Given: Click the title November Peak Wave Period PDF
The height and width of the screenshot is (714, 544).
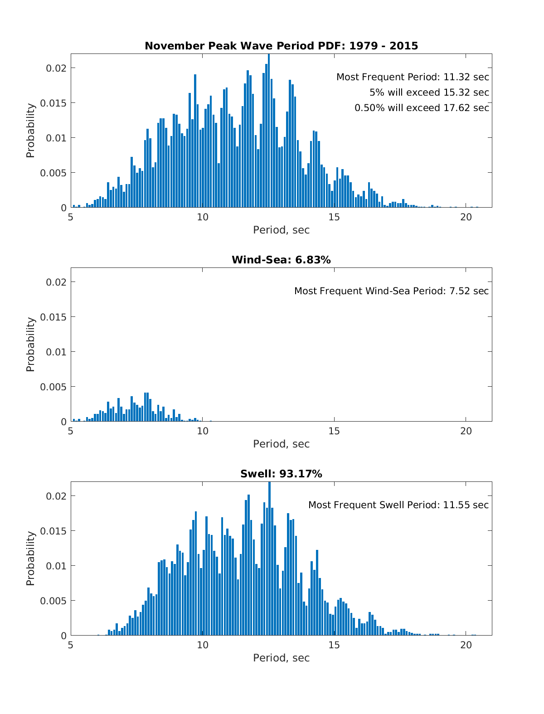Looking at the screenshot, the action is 281,46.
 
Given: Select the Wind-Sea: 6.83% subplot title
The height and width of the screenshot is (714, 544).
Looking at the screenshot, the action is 281,260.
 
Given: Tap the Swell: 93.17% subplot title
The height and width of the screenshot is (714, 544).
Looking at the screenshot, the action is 281,474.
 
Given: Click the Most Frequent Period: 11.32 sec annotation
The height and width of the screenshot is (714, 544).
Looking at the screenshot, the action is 413,77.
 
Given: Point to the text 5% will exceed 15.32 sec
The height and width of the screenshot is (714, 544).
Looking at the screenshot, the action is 429,92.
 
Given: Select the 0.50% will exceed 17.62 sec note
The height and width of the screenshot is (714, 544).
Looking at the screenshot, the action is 422,108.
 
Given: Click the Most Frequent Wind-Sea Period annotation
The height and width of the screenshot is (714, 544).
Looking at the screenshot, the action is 391,291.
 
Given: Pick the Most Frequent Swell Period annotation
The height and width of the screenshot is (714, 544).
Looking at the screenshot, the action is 398,505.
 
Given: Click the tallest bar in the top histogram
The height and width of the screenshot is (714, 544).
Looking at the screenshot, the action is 269,131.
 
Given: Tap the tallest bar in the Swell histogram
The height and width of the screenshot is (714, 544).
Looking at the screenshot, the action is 270,559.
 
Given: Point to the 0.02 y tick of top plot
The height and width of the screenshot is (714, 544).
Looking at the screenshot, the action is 56,68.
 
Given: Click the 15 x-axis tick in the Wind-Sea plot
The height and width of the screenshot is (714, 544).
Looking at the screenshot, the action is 334,431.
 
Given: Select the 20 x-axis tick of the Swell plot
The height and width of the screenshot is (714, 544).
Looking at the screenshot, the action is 466,645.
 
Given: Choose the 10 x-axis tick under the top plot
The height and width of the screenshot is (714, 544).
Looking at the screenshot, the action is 202,217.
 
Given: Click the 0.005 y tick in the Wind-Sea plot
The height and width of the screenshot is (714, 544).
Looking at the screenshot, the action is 53,387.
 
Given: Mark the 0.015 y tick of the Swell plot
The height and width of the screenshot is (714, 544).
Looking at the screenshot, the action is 53,531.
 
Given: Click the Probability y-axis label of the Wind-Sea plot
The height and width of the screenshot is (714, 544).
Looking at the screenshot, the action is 30,345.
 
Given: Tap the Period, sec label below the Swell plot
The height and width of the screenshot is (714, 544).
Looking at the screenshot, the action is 281,658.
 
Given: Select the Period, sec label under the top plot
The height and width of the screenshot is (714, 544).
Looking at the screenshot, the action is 281,230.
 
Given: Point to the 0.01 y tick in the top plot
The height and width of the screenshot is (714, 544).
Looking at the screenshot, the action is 56,138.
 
